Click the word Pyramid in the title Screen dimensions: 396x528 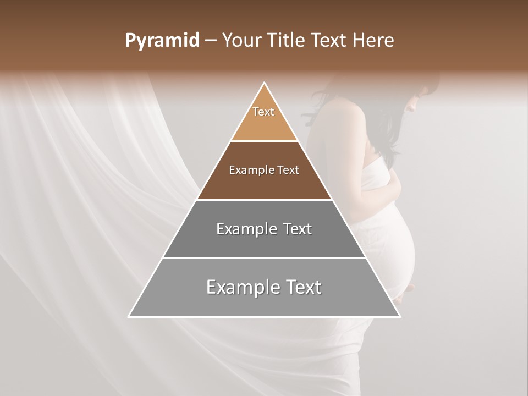pos(162,41)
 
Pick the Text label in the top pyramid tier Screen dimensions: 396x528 pos(263,112)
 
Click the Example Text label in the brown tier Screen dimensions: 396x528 pos(264,170)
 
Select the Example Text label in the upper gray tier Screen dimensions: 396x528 pos(264,229)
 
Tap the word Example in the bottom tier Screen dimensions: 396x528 pos(239,287)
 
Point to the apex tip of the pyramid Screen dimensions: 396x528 pos(265,83)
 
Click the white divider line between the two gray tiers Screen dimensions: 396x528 pos(264,258)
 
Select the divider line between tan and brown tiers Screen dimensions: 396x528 pos(264,141)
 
